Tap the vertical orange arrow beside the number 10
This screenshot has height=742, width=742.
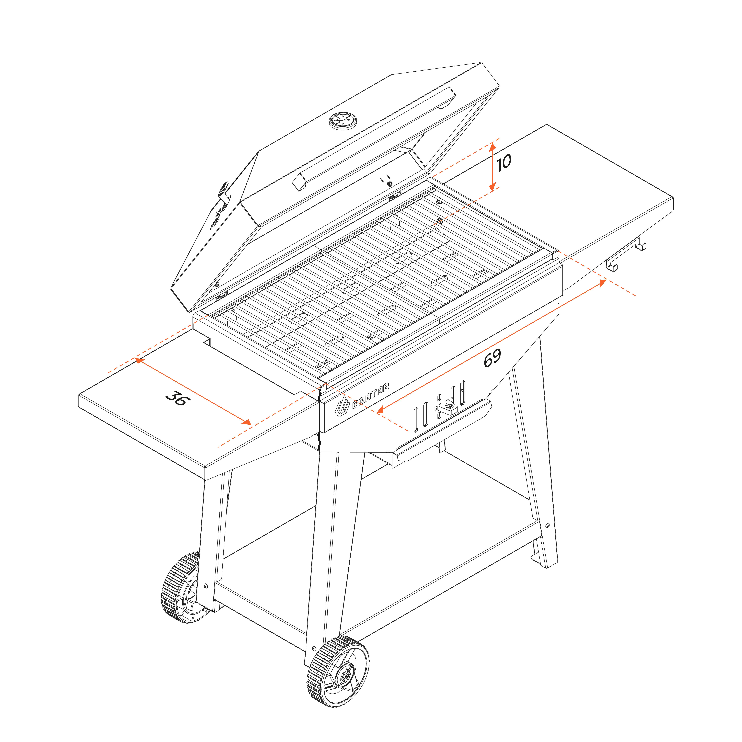coord(492,167)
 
